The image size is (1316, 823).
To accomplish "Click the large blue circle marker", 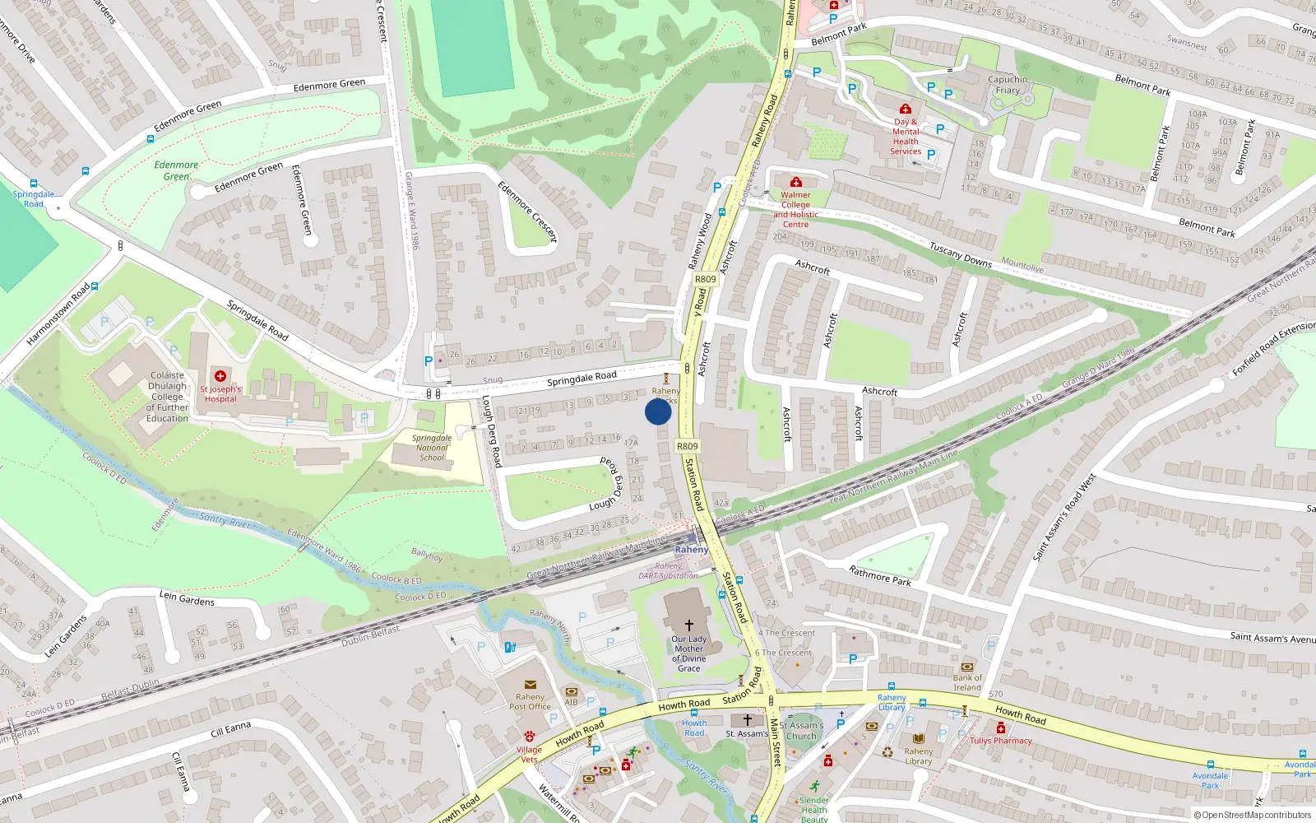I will [658, 411].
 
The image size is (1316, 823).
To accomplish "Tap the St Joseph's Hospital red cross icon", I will [220, 376].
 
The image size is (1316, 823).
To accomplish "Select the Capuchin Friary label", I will [1008, 85].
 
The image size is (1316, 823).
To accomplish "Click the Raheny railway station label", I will [691, 549].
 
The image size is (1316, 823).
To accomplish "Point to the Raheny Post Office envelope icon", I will [531, 685].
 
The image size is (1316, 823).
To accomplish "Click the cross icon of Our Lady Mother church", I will [689, 625].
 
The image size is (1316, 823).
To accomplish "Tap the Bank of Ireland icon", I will [967, 667].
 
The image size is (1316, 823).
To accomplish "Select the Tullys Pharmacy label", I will [1000, 741].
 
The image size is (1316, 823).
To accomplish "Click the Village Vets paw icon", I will [529, 737].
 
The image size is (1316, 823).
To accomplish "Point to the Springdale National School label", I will [432, 448].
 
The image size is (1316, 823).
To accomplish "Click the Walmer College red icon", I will [795, 183].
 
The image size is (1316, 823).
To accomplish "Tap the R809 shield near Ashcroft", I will [706, 279].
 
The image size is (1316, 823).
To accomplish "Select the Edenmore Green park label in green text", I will [176, 170].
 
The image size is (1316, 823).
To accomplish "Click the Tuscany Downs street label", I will [961, 254].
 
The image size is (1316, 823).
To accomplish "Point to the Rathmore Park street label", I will [880, 575].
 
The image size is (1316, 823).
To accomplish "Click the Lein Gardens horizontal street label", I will [187, 598].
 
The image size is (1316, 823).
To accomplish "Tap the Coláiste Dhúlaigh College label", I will [167, 397].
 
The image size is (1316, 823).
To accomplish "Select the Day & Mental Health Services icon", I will [906, 109].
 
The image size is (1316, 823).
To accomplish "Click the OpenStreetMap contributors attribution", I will [1252, 815].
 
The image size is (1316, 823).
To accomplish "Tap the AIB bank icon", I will [571, 691].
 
